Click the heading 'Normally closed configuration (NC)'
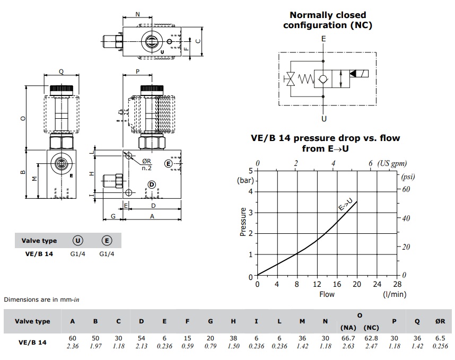pos(328,20)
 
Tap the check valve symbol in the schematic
pos(323,78)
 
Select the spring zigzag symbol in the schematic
pos(306,78)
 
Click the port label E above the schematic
pos(323,39)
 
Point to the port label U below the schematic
pos(324,119)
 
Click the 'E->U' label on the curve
pos(346,204)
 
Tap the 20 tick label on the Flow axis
pos(357,284)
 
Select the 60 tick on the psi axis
pos(406,189)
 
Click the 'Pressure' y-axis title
pos(243,222)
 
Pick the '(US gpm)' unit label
pos(392,163)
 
